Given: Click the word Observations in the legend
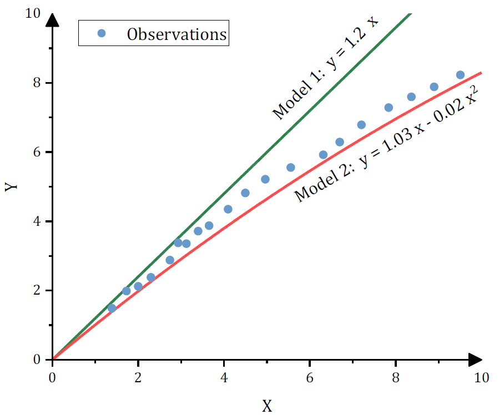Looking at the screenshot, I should pos(177,34).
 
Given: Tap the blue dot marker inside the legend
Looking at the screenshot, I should pos(101,33).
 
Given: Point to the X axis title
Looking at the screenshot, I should pos(267,406).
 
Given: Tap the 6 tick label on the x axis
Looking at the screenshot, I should pos(310,378).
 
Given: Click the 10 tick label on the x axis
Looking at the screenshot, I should pos(481,378).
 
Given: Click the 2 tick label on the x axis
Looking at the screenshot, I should pos(138,378).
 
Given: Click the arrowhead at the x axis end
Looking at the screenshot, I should pos(475,360).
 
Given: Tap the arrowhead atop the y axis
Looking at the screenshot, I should pos(52,21).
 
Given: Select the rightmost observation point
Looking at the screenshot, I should pos(460,75).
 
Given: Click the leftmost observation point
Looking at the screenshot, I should pos(112,308).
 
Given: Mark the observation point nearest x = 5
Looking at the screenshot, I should pos(265,179).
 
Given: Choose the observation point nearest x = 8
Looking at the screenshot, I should pos(389,108).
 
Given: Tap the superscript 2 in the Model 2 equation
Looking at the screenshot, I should pos(474,88).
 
